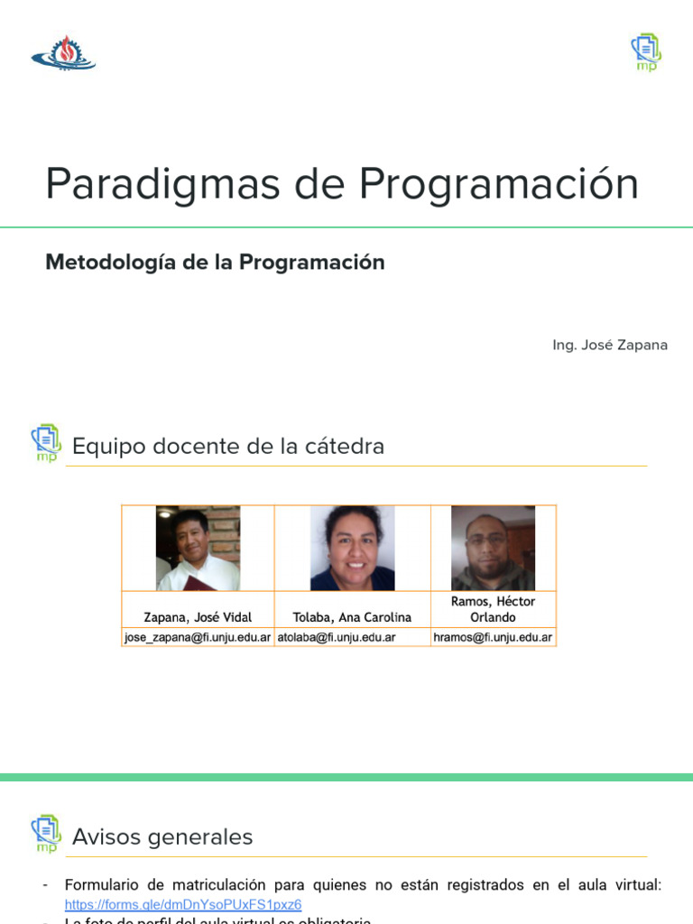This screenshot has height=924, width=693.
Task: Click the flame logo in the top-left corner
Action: tap(63, 53)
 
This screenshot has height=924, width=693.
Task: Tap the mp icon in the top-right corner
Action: tap(646, 52)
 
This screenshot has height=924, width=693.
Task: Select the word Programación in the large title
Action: tap(498, 184)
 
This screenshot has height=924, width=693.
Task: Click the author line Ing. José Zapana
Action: tap(610, 346)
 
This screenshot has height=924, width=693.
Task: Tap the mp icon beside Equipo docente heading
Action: tap(46, 443)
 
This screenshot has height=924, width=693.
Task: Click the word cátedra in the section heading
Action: tap(342, 446)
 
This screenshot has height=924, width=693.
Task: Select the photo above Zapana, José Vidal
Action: tap(198, 548)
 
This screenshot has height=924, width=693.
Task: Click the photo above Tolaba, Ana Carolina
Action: tap(352, 548)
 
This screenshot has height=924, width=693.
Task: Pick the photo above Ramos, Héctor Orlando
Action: tap(493, 548)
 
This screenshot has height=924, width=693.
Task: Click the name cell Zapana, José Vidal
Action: tap(198, 617)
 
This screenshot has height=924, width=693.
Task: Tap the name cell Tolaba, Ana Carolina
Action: tap(352, 617)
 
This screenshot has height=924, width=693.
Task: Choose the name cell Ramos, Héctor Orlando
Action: tap(493, 609)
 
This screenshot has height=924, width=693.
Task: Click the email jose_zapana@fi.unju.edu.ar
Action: tap(198, 637)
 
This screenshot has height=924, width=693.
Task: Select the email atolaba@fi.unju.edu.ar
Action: tap(337, 637)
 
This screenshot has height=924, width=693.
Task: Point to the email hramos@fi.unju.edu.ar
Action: tap(493, 637)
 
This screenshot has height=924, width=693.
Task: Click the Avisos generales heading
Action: tap(162, 837)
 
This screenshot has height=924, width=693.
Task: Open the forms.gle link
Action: tap(183, 904)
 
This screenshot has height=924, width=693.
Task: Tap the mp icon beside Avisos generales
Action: tap(46, 834)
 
